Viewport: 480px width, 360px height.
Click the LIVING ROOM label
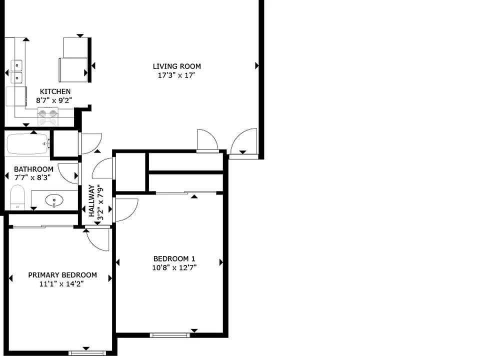[177, 66]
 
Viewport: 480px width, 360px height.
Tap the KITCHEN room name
[55, 91]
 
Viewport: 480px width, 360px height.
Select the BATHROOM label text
[33, 169]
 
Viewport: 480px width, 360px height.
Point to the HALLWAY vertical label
[91, 201]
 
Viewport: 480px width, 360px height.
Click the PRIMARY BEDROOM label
[62, 275]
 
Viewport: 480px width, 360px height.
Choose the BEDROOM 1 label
[174, 258]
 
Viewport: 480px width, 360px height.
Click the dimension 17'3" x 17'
[176, 75]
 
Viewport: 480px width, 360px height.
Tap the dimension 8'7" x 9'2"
[54, 100]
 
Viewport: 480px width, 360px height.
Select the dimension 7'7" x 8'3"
[32, 177]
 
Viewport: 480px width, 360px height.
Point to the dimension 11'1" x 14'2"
[61, 284]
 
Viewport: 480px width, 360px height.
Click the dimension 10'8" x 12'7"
[174, 267]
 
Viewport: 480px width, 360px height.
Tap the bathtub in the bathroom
[28, 143]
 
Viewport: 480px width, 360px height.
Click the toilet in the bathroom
[17, 197]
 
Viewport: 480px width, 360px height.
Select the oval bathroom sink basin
[54, 201]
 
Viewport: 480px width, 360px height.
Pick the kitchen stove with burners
[48, 116]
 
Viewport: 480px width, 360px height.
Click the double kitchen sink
[16, 71]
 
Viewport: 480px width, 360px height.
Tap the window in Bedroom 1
[170, 335]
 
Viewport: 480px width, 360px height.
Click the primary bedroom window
[87, 353]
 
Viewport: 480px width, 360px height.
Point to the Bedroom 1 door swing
[126, 210]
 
